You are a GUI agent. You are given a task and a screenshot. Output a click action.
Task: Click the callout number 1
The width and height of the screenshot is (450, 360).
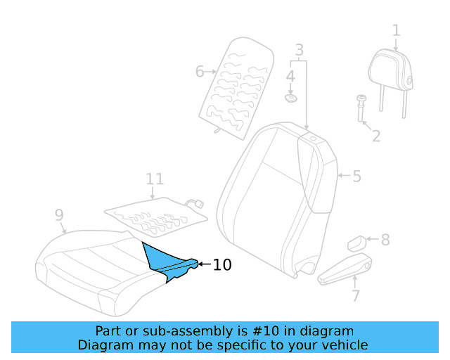[x=397, y=30]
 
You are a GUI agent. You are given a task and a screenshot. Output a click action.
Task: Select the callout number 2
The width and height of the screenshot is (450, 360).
[x=376, y=135]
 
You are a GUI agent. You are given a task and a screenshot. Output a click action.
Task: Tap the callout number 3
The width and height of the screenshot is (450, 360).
[x=299, y=51]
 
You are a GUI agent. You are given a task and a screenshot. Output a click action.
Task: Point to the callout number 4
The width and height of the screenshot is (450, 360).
[x=290, y=75]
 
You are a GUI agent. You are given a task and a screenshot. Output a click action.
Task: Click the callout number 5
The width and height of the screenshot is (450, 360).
[x=356, y=176]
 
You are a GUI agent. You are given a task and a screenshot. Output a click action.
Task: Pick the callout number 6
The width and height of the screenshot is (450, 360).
[x=200, y=71]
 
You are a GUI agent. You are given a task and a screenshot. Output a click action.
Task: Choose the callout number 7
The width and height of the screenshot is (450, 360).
[x=356, y=295]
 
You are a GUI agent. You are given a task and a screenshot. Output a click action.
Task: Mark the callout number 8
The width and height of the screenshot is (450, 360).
[x=385, y=240]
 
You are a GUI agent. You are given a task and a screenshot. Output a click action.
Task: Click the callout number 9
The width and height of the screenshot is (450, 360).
[x=59, y=214]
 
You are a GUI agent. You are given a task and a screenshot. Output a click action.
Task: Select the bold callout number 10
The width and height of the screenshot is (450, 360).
[x=221, y=264]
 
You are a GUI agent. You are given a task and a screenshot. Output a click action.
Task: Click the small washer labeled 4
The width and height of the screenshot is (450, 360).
[x=290, y=96]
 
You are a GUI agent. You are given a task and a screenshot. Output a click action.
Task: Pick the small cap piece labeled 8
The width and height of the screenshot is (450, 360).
[x=356, y=243]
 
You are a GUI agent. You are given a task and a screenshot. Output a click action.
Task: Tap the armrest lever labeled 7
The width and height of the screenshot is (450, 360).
[x=345, y=271]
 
